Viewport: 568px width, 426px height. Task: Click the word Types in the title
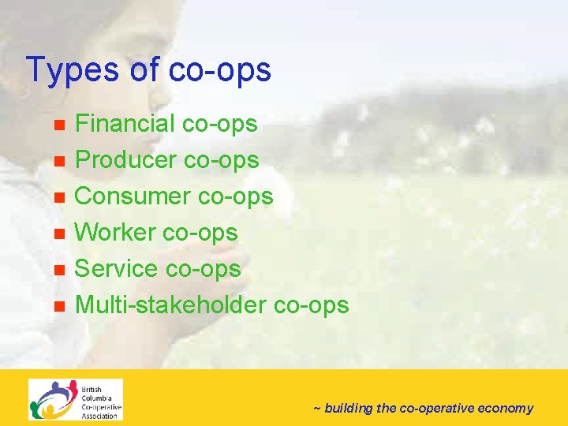point(72,70)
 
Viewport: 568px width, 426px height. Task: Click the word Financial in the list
point(125,124)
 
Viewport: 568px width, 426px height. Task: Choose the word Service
point(116,269)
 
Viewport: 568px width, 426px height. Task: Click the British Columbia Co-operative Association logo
point(76,400)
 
